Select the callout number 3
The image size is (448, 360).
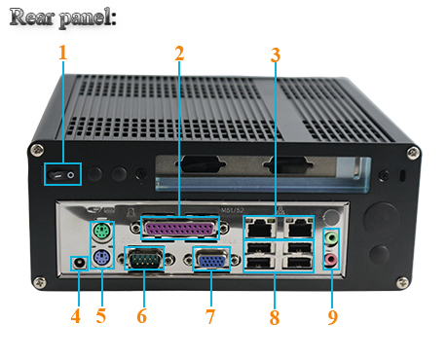tap(276, 54)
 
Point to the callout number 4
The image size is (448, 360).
tap(77, 316)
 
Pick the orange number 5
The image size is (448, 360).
tap(102, 316)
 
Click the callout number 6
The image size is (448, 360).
tap(142, 316)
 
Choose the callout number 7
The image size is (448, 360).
tap(209, 316)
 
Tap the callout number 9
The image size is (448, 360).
tap(333, 316)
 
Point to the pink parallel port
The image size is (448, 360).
tap(180, 230)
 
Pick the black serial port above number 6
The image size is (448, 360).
tap(143, 261)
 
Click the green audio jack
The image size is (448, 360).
tap(332, 237)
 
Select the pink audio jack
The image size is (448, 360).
tap(332, 260)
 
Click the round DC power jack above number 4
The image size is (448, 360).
tap(78, 262)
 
